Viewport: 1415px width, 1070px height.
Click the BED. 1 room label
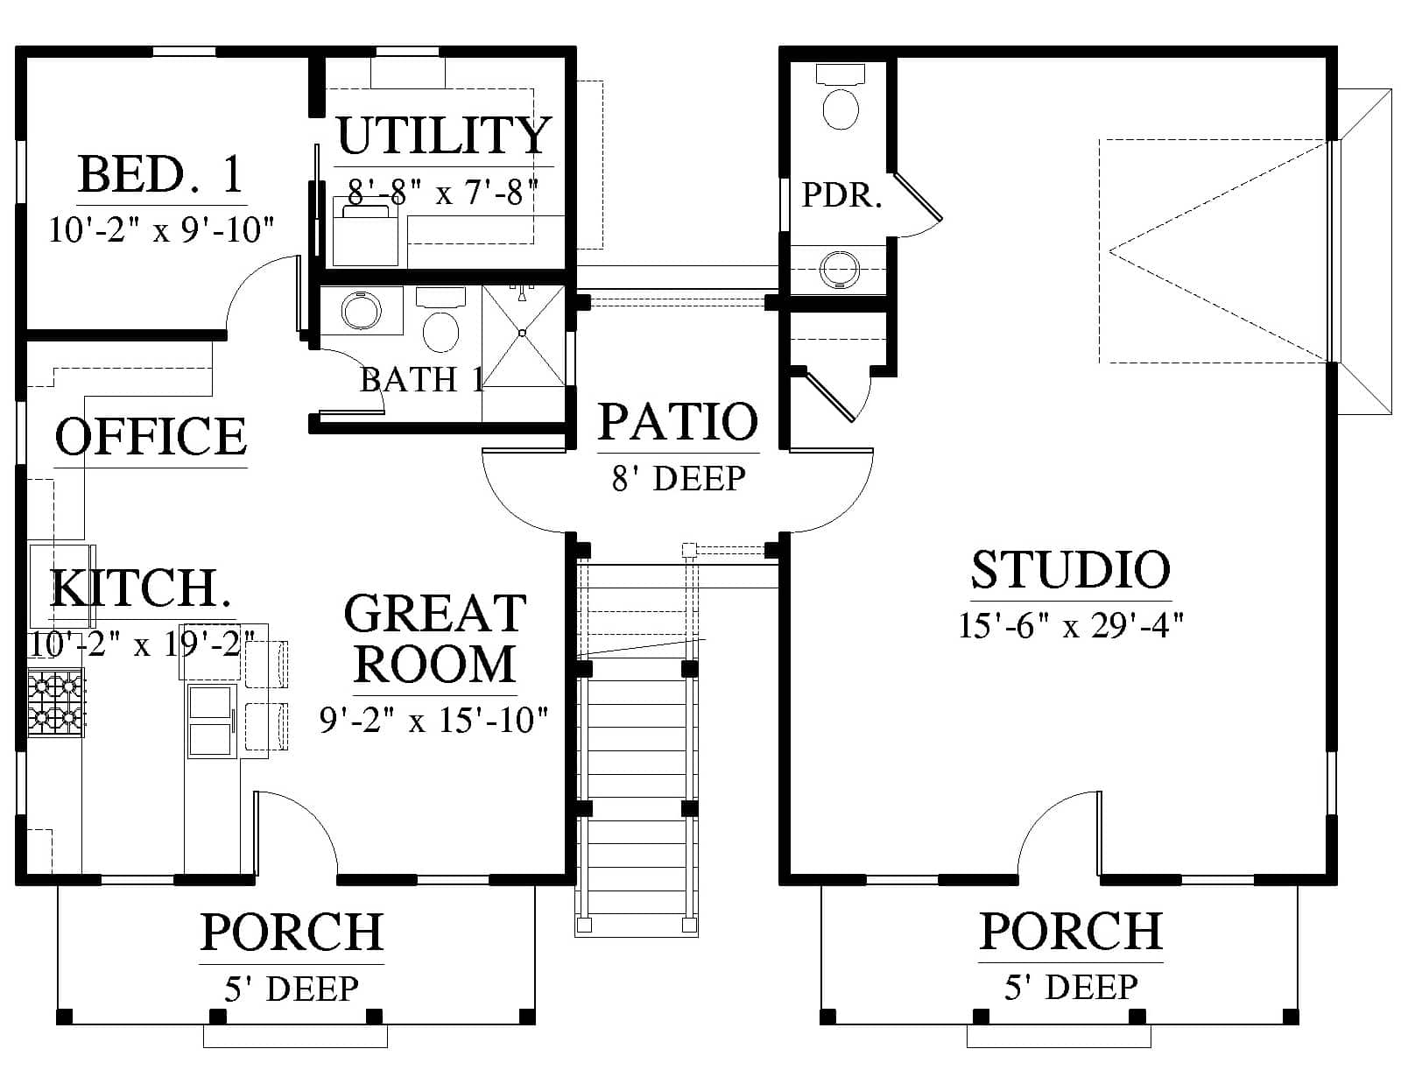click(160, 174)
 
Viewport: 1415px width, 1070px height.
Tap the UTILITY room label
click(444, 136)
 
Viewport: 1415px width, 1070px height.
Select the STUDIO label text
click(1070, 570)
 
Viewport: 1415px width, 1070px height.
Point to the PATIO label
click(679, 421)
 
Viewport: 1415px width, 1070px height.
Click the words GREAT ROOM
click(435, 638)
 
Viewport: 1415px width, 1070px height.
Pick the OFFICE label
click(151, 436)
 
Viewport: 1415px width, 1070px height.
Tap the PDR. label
click(841, 194)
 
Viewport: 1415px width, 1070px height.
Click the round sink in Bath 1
click(362, 312)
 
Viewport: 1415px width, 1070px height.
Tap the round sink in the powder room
click(840, 269)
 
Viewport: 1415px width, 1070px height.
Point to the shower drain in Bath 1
click(522, 334)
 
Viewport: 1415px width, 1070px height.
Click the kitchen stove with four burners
click(55, 702)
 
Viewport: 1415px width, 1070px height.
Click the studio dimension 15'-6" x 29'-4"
click(1070, 625)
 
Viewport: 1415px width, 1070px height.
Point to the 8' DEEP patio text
click(679, 478)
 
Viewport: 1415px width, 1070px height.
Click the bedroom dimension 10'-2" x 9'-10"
click(161, 229)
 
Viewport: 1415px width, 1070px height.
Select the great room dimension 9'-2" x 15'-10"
click(433, 720)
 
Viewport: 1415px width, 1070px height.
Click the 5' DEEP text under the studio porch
click(1072, 988)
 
